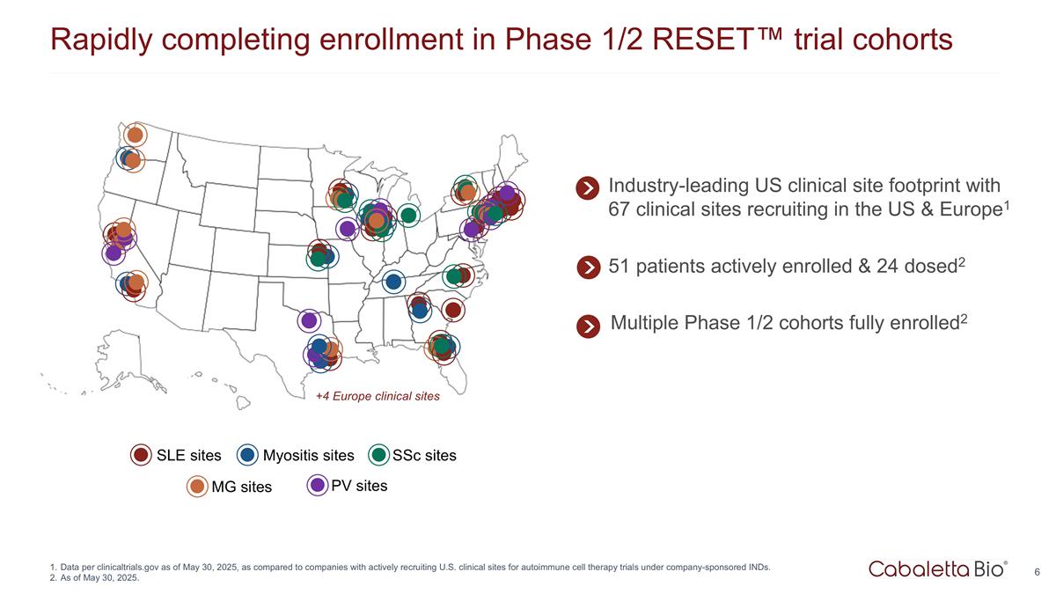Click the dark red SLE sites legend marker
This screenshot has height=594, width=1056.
[141, 455]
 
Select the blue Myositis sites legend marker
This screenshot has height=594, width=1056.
[247, 455]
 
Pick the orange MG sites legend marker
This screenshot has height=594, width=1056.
[197, 486]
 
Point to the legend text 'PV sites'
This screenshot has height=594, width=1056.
[359, 485]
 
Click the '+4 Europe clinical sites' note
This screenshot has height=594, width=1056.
[378, 396]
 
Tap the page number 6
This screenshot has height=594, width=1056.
[1038, 573]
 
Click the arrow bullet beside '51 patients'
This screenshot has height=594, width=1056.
[588, 267]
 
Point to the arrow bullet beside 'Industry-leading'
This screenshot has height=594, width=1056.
[588, 188]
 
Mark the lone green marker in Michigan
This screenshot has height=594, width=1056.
[408, 215]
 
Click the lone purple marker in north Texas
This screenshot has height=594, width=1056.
[309, 320]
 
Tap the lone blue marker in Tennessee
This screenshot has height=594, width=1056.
[393, 282]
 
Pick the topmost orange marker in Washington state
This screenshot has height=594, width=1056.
[135, 135]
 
